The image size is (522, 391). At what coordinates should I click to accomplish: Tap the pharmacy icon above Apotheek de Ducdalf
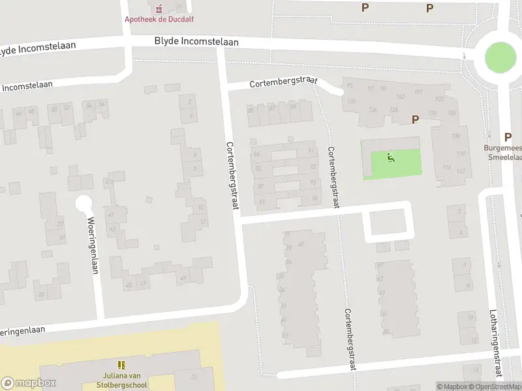158,8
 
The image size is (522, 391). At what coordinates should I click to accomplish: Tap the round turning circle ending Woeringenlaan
84,203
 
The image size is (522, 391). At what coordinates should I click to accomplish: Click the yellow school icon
121,364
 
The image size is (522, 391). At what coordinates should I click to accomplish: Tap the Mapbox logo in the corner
29,383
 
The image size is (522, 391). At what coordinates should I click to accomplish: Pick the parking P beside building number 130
414,119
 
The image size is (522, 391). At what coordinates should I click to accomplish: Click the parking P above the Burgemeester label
508,137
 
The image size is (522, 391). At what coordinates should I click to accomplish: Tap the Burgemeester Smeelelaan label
502,152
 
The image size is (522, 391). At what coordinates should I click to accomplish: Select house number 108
455,136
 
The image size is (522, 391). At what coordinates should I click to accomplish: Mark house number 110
461,154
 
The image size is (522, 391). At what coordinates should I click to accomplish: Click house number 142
400,96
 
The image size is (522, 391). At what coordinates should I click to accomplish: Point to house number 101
418,91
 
